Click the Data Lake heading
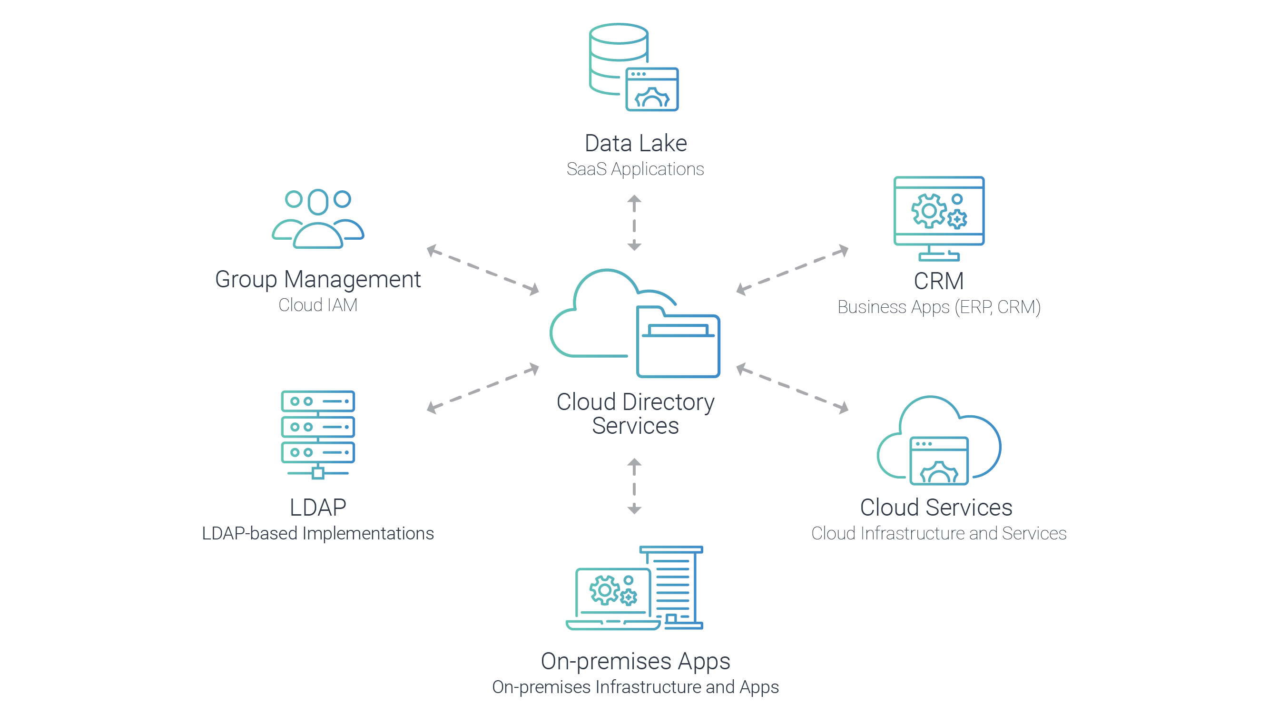[636, 143]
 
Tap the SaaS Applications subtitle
[635, 169]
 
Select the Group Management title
[318, 280]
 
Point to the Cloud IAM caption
[318, 305]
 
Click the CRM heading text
[938, 281]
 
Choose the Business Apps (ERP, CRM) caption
[938, 307]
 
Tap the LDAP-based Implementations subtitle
[318, 533]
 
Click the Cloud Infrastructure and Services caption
[938, 533]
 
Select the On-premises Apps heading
[636, 661]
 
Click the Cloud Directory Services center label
[636, 414]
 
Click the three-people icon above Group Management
[318, 219]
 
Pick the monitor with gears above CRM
[938, 212]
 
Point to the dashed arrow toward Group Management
[483, 270]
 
